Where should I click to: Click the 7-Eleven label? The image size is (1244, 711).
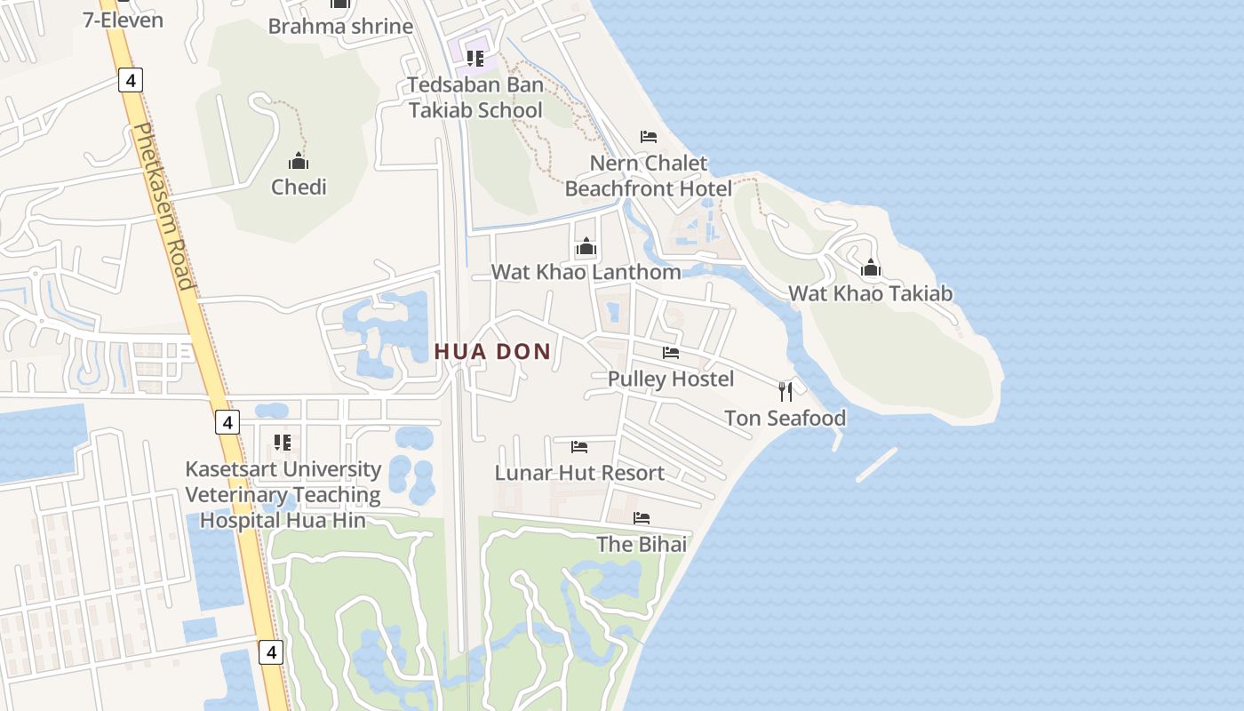coord(123,20)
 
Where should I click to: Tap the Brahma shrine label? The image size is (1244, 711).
coord(340,26)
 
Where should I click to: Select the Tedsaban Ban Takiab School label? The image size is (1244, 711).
coord(475,98)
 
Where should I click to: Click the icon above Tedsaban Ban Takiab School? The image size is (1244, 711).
coord(475,59)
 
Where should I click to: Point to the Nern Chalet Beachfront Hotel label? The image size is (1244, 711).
coord(649,176)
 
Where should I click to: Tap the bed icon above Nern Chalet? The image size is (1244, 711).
coord(649,137)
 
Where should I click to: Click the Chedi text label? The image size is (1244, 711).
coord(299,187)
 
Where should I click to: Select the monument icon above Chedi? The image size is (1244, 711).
coord(299,161)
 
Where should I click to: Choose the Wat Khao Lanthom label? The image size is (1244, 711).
coord(586,272)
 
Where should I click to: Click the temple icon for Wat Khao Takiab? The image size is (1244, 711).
coord(871,268)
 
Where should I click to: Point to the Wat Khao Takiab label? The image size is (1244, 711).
coord(871,293)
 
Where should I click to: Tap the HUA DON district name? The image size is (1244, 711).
coord(493,352)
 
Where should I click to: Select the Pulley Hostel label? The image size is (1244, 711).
coord(671,379)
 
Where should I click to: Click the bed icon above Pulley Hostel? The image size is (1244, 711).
coord(671,353)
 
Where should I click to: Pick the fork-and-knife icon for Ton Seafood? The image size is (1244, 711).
coord(785,391)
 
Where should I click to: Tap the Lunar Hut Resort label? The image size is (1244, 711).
coord(579,473)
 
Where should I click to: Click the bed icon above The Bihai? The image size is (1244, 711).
coord(642,518)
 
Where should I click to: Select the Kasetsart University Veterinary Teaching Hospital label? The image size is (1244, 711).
coord(283,494)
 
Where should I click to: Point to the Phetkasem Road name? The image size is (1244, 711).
coord(162,206)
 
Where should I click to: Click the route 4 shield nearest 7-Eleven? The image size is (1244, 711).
coord(130,81)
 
